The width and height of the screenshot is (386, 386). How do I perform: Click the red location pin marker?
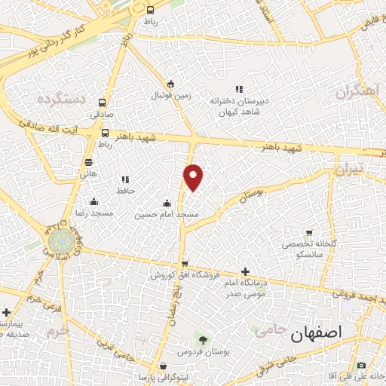[194, 176]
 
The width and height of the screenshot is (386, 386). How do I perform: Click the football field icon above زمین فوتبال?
[171, 84]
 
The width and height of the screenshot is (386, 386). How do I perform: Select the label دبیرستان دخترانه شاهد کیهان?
[240, 106]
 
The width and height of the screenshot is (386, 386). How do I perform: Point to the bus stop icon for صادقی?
[103, 104]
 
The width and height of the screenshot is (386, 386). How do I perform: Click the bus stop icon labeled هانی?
[89, 162]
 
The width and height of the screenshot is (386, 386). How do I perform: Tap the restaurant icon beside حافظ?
[125, 179]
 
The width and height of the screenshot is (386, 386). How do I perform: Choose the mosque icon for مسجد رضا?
[93, 202]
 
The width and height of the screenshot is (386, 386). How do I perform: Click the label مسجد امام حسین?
[167, 215]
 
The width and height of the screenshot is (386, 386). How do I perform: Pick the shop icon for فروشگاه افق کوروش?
[185, 263]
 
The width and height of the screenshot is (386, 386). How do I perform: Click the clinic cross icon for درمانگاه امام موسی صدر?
[244, 271]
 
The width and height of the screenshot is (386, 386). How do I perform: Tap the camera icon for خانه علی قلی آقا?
[360, 366]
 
